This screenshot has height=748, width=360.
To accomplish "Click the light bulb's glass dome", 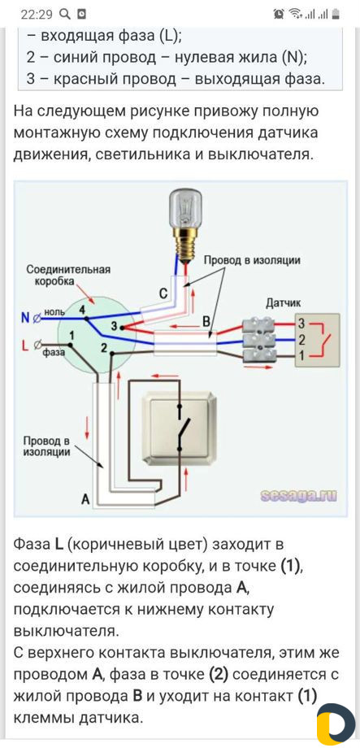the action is (x=186, y=207).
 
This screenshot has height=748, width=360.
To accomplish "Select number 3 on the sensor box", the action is (x=301, y=323).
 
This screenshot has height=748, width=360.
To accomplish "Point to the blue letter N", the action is (x=24, y=316).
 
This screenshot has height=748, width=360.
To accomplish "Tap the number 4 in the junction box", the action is (x=83, y=310).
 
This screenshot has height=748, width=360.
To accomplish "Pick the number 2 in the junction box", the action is (x=103, y=348).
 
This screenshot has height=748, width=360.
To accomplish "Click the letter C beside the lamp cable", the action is (x=163, y=294).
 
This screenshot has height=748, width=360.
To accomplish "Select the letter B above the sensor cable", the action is (x=206, y=322).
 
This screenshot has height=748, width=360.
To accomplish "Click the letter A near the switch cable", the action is (x=86, y=499).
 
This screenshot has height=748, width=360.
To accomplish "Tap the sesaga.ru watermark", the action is (x=298, y=497).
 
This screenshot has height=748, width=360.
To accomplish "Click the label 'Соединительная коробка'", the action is (x=68, y=276).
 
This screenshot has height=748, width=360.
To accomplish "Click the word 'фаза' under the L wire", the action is (x=53, y=354).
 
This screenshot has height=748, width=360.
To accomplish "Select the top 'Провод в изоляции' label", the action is (x=252, y=260).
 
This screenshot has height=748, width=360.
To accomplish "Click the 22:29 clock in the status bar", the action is (x=37, y=15).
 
